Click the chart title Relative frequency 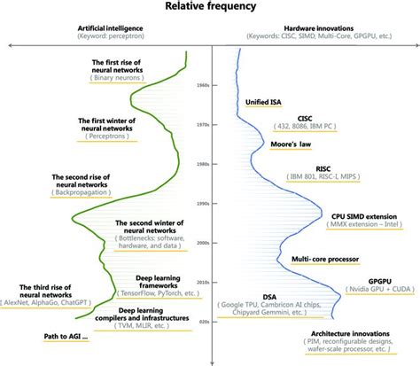pos(211,7)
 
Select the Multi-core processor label pos(327,259)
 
